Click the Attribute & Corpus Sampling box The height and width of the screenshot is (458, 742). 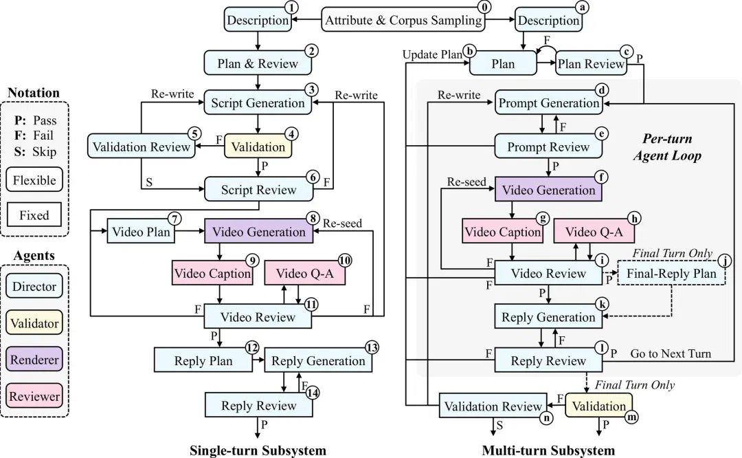[x=403, y=20]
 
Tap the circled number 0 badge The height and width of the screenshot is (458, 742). [x=484, y=7]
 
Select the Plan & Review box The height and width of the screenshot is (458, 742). [x=258, y=63]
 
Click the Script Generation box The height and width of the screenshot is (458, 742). [x=258, y=102]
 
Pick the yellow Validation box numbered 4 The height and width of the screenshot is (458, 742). [x=258, y=146]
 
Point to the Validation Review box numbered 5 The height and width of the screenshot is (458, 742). [x=142, y=146]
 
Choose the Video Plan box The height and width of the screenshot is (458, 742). [x=141, y=231]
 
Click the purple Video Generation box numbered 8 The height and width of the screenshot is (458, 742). [x=258, y=231]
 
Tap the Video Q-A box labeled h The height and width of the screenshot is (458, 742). [x=594, y=231]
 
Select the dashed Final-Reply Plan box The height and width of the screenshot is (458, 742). [x=671, y=273]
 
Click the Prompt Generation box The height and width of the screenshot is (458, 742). [x=549, y=102]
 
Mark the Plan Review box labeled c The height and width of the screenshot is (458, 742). [x=592, y=63]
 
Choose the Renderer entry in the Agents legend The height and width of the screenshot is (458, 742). [x=34, y=359]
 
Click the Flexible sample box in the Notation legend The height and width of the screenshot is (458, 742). [x=34, y=179]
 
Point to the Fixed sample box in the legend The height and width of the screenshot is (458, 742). [x=34, y=215]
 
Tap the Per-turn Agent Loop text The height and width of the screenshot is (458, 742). [x=667, y=147]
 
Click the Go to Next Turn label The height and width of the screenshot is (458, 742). [x=671, y=353]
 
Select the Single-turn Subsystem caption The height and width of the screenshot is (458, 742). [x=258, y=450]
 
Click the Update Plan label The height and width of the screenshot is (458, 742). [x=432, y=54]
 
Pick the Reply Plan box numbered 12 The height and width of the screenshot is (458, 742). [x=203, y=360]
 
